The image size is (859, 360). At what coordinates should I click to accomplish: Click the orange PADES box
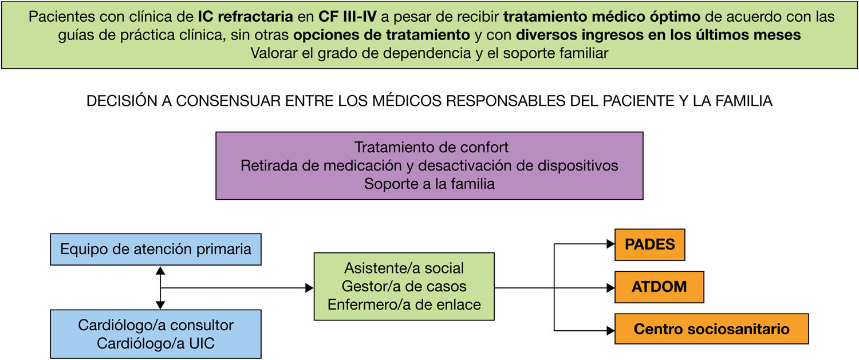coord(649,244)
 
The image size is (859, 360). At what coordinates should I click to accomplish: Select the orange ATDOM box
coord(659,287)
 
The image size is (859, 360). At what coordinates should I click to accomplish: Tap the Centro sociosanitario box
coord(711,329)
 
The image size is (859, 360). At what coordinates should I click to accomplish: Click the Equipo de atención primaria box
coord(156,250)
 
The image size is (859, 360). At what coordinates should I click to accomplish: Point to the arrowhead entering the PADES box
coord(610,244)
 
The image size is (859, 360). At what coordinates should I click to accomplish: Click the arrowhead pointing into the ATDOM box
coord(610,287)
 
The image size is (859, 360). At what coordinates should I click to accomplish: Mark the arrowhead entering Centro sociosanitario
coord(610,330)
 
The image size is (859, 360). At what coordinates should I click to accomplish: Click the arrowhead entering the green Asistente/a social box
coord(309,287)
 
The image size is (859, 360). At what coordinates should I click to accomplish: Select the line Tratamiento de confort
coord(431,147)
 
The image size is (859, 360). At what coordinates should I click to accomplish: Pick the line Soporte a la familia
coord(429,184)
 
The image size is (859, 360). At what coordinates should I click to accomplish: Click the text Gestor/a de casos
coord(404,286)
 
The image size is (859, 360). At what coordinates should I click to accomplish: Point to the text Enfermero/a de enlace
coord(404,304)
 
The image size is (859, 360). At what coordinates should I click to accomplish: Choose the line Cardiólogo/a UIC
coord(156,344)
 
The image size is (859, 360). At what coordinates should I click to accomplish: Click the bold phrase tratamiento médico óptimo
coord(601,17)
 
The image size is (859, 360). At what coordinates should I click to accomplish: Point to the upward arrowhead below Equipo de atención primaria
coord(160,270)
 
